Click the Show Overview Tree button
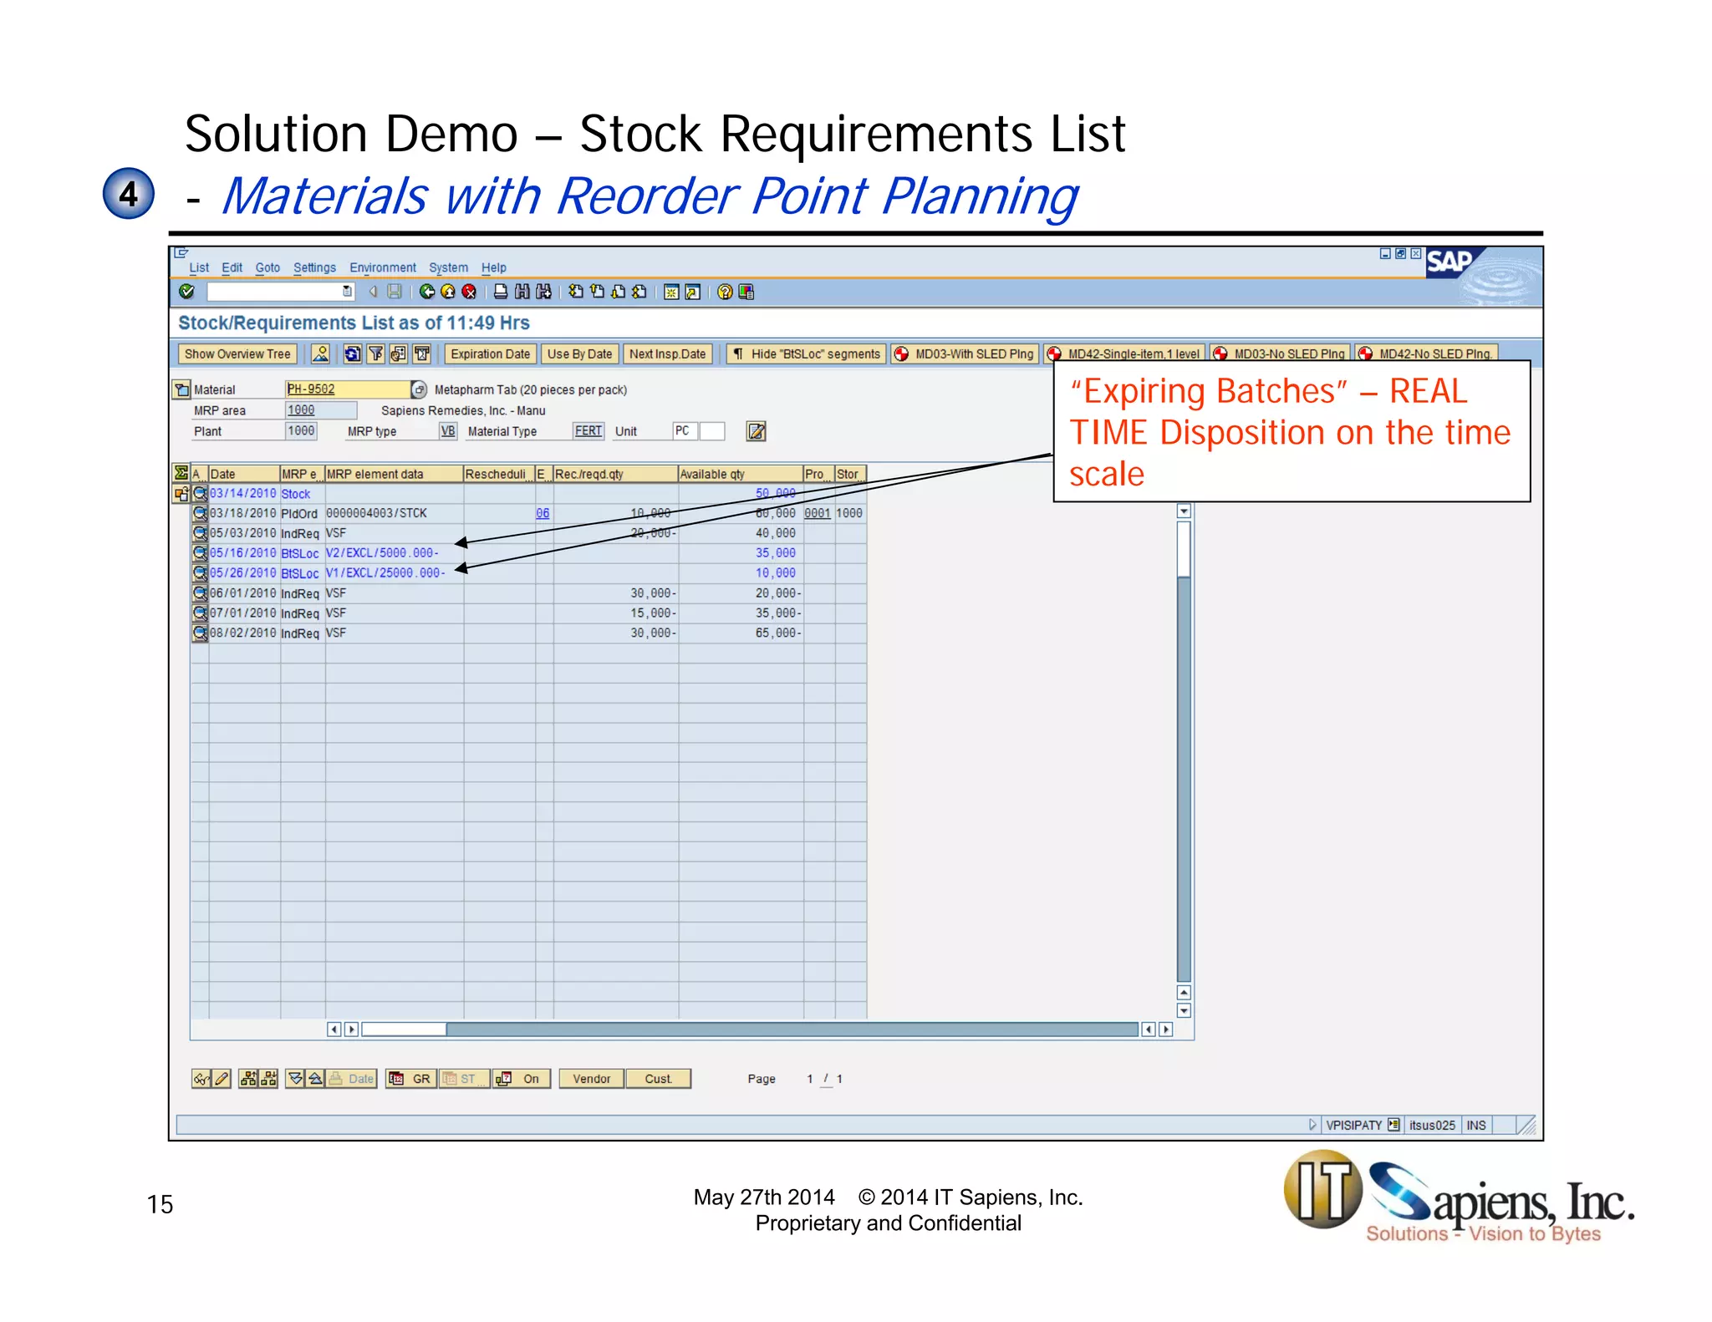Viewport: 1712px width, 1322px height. (x=237, y=354)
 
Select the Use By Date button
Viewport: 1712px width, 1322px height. (x=579, y=354)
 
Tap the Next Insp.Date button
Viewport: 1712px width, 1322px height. (x=667, y=354)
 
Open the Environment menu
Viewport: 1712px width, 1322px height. (x=382, y=268)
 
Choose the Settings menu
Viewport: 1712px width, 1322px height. (x=314, y=268)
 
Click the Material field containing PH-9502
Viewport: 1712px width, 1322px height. (x=346, y=389)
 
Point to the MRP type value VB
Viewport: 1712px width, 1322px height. (x=448, y=431)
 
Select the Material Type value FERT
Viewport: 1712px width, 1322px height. (x=588, y=431)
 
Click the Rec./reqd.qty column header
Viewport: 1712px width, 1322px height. (x=614, y=475)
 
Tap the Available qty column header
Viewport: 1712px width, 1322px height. (x=739, y=475)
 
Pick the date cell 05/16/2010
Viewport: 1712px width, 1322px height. (x=242, y=553)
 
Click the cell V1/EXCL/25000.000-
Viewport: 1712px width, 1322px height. (x=385, y=573)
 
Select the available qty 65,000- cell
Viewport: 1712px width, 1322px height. (x=777, y=633)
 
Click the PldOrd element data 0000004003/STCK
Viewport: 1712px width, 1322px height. (x=376, y=513)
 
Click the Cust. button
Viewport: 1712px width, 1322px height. (x=658, y=1079)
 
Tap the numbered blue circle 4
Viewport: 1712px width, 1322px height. (x=128, y=194)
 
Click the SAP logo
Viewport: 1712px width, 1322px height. (x=1451, y=262)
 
